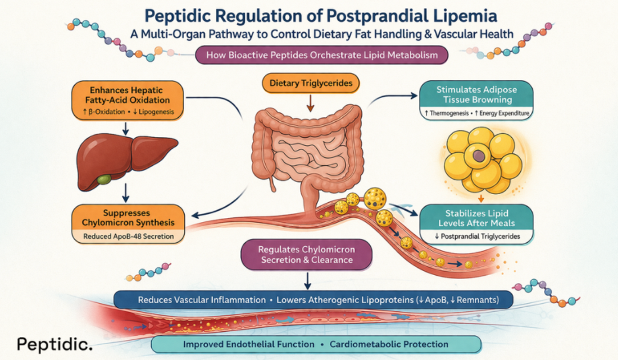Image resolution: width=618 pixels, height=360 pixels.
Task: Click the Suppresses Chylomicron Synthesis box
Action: pyautogui.click(x=129, y=218)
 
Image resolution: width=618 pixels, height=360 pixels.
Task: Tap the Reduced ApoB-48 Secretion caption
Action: pyautogui.click(x=129, y=237)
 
